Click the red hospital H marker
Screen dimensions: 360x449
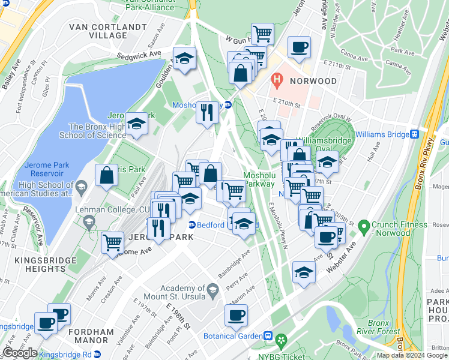277,79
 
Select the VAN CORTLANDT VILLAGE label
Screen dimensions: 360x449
107,31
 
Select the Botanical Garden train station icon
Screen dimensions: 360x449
270,336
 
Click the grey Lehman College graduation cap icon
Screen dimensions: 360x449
89,223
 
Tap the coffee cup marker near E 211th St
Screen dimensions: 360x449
299,47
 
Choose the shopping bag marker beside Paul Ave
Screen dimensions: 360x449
106,176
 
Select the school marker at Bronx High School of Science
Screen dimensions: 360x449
137,124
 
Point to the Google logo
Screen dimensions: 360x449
20,353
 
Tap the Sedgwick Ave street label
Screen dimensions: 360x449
143,53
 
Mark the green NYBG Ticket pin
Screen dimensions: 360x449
280,341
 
